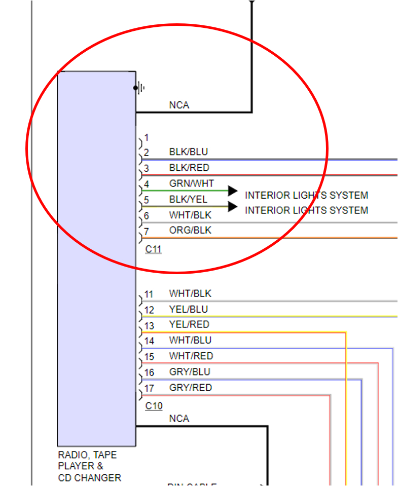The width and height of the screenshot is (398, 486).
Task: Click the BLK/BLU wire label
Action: pos(188,152)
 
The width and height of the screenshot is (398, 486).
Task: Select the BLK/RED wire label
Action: pos(189,168)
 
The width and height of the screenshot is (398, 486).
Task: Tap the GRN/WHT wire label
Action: pos(191,183)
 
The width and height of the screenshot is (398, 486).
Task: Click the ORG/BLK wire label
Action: pos(190,231)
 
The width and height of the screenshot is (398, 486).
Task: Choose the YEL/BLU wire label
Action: pos(188,309)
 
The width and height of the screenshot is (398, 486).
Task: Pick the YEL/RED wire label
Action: pos(189,324)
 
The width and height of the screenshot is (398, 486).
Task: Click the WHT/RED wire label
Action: pos(191,356)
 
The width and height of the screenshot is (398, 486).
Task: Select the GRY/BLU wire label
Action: pos(189,372)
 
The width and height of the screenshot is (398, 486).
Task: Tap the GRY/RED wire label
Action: pos(190,388)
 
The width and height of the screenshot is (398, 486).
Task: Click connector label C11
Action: pos(153,249)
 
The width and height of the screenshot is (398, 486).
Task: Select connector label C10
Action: pos(153,406)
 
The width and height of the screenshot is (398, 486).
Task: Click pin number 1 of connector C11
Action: pos(147,137)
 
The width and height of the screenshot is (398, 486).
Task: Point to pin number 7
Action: pos(147,231)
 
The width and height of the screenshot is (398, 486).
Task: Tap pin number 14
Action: pos(149,341)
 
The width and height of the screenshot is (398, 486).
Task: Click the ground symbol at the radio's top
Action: pos(140,88)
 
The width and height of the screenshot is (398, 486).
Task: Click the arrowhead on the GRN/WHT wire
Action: pos(233,191)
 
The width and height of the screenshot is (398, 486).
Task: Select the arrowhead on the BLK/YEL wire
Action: pos(233,206)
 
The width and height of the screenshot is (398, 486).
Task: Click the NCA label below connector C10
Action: pos(179,419)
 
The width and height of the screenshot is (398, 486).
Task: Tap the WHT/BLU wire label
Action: pos(190,340)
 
